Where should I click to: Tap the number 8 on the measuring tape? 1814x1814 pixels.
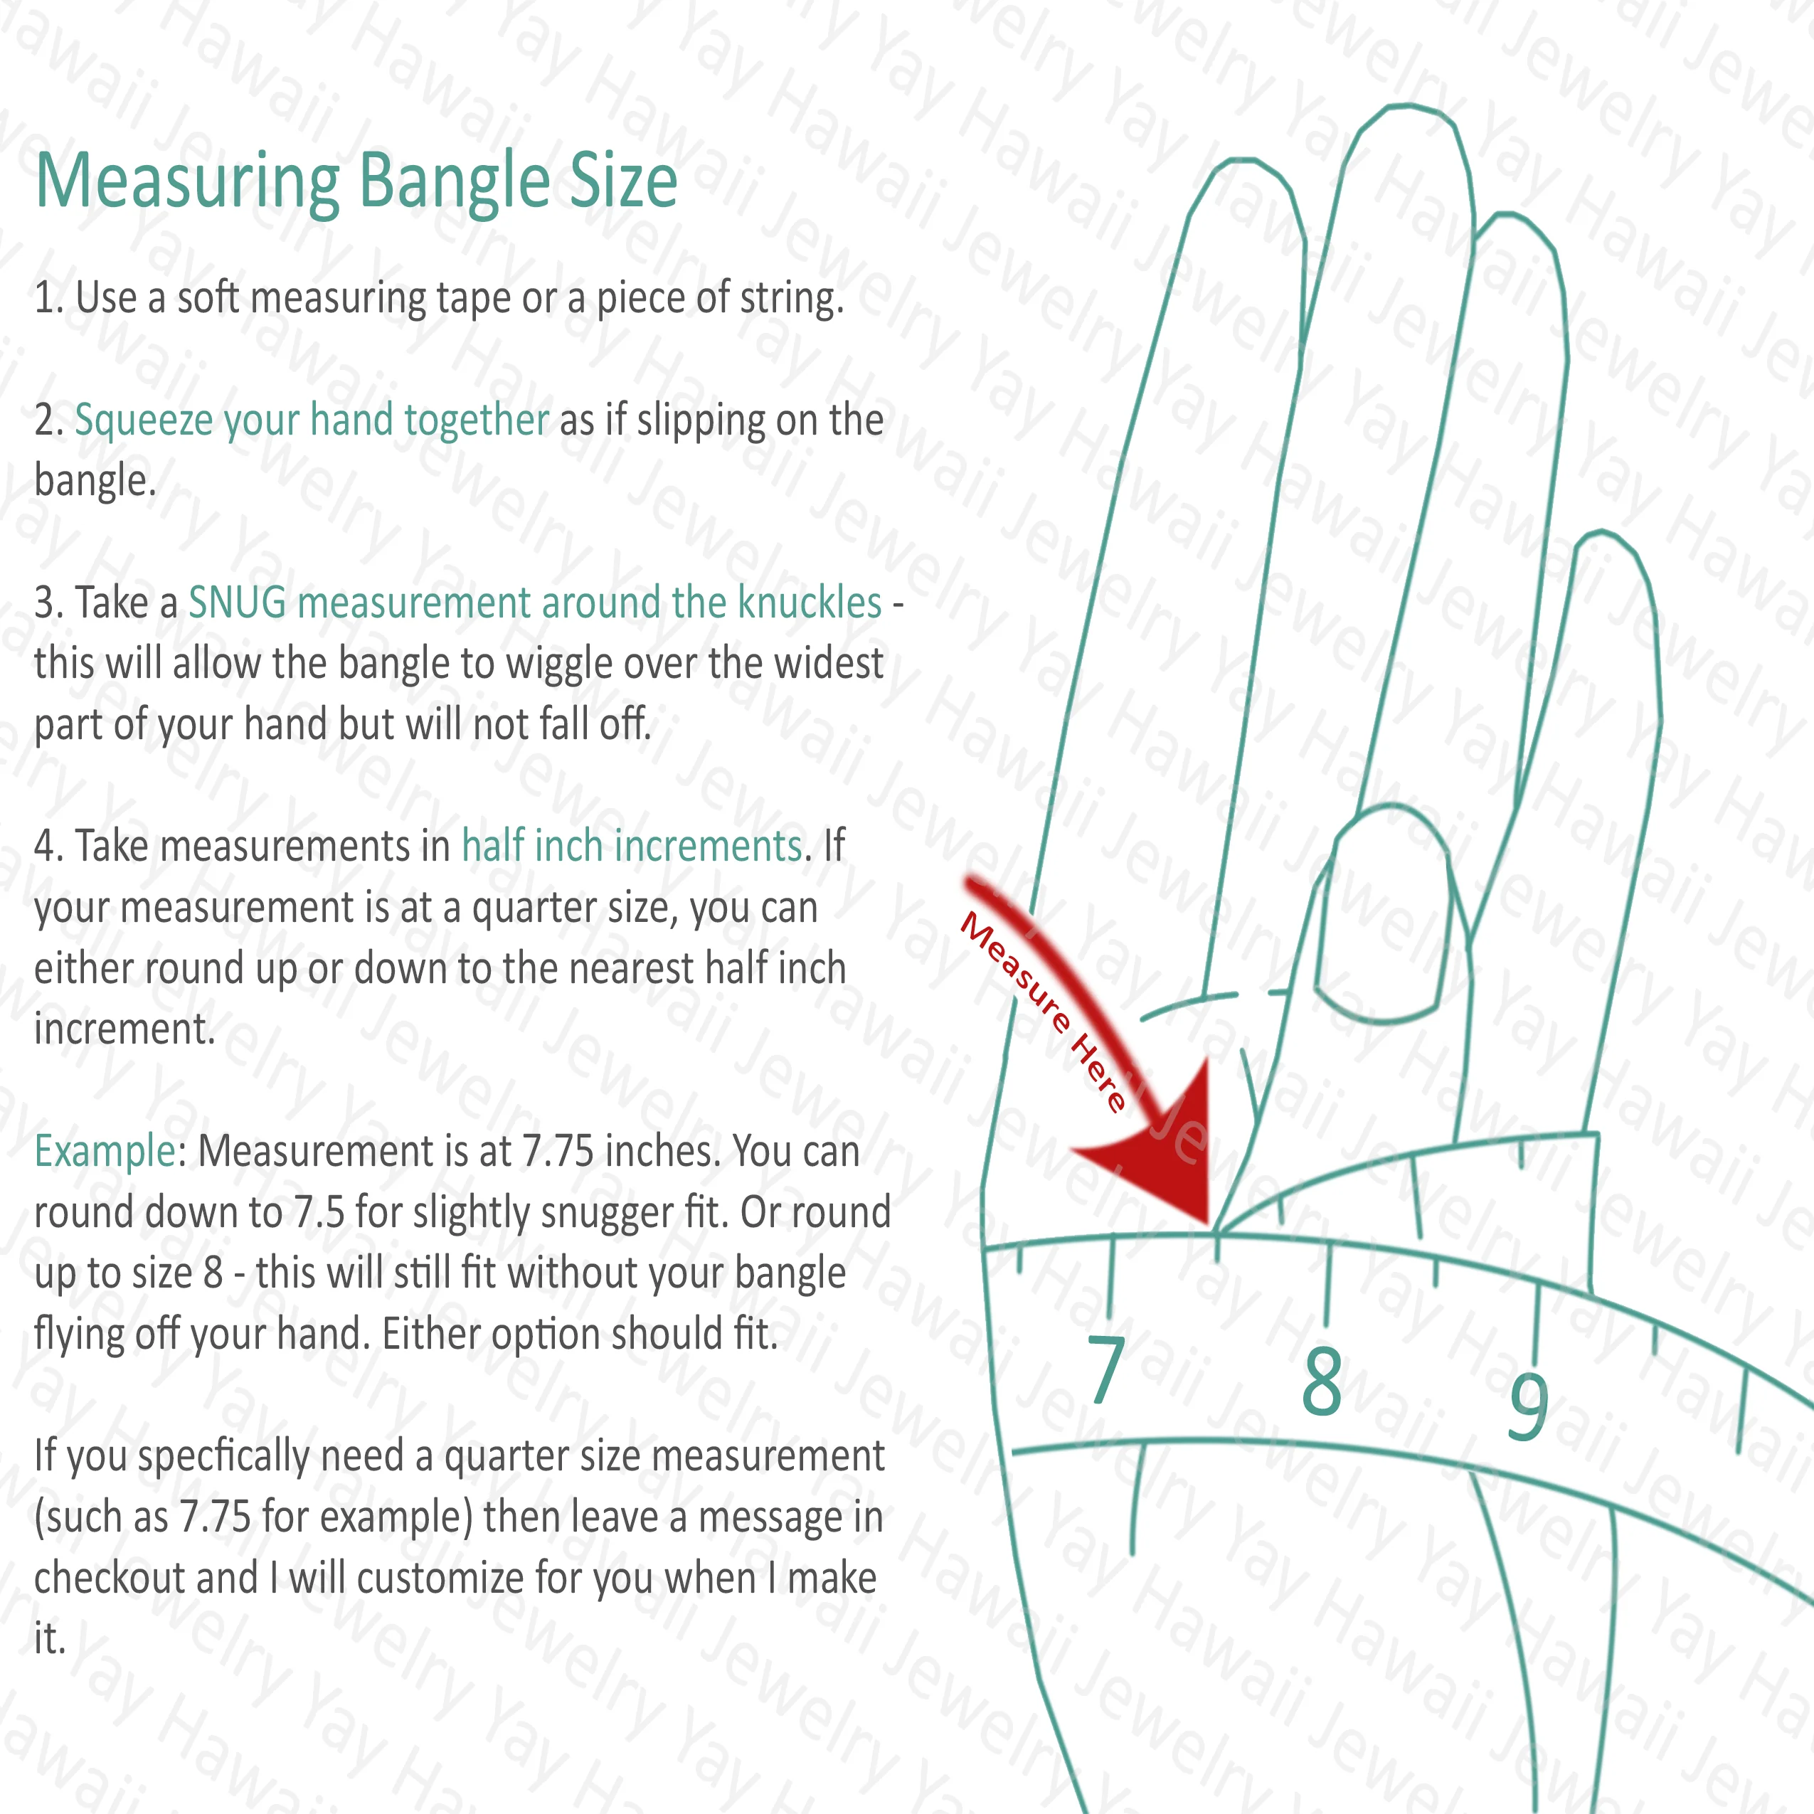point(1322,1381)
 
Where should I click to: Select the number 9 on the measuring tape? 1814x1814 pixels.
point(1527,1406)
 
